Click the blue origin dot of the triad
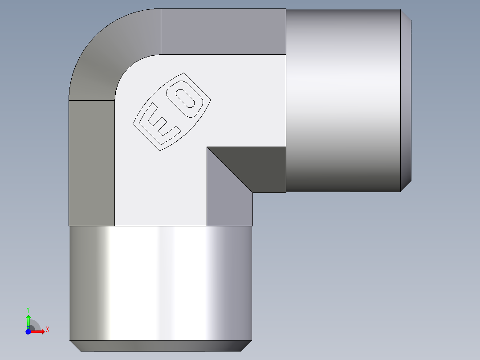pos(28,331)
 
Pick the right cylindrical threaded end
pos(343,100)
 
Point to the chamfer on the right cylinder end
pos(406,100)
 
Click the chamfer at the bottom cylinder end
pos(160,346)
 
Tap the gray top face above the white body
pos(223,31)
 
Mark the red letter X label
pos(47,330)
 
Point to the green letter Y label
pos(28,309)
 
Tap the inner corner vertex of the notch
pos(207,147)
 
